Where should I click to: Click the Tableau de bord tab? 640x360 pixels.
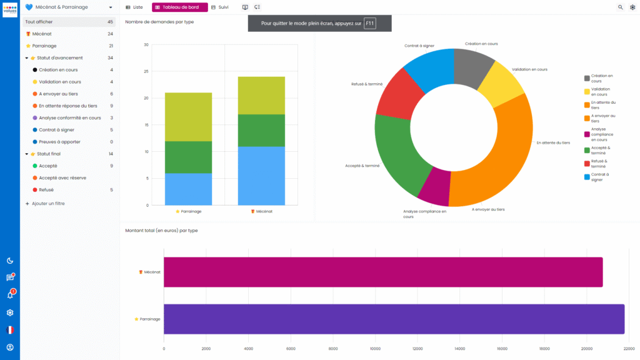pyautogui.click(x=179, y=7)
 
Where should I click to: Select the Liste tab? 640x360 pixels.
pyautogui.click(x=134, y=7)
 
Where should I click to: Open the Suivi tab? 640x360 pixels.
pyautogui.click(x=220, y=7)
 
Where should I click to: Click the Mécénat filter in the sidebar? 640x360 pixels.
pyautogui.click(x=42, y=34)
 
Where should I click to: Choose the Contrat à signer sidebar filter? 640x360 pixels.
pyautogui.click(x=56, y=130)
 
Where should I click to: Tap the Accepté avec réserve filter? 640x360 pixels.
pyautogui.click(x=62, y=178)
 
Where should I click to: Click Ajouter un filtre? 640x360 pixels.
pyautogui.click(x=49, y=204)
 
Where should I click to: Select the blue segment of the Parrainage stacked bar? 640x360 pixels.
pyautogui.click(x=188, y=189)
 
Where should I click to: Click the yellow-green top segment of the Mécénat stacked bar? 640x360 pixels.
pyautogui.click(x=261, y=95)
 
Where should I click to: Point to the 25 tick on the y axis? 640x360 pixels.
pyautogui.click(x=146, y=71)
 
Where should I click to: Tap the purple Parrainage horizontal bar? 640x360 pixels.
pyautogui.click(x=394, y=319)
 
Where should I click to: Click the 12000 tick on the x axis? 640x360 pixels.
pyautogui.click(x=417, y=349)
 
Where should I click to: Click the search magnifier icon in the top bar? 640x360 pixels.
pyautogui.click(x=621, y=7)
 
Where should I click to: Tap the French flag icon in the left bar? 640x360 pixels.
pyautogui.click(x=10, y=330)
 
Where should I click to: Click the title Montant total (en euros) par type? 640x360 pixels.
pyautogui.click(x=162, y=231)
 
